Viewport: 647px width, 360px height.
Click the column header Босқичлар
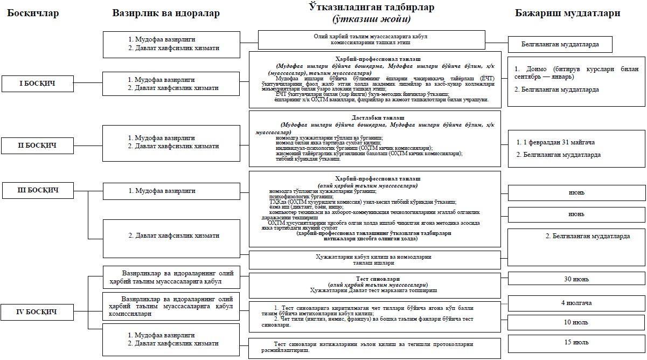point(33,13)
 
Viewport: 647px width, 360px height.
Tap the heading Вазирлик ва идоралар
point(166,13)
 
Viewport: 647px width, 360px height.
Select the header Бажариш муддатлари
point(567,13)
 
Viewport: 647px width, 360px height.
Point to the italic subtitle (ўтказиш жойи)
point(371,19)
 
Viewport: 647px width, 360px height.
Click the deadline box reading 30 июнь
point(576,279)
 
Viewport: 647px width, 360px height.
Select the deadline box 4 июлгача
point(576,303)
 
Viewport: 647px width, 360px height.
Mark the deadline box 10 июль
point(576,322)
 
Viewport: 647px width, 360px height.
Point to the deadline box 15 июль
point(576,342)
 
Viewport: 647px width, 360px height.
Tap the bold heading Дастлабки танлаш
point(375,117)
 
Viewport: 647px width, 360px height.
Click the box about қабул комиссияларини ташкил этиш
point(372,39)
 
